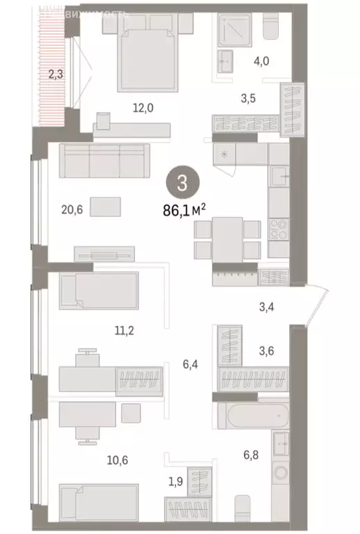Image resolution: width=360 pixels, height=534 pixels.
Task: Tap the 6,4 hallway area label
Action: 190,362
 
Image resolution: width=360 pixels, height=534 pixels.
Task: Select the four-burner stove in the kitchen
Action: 278,228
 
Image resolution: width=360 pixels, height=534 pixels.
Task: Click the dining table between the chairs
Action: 227,236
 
